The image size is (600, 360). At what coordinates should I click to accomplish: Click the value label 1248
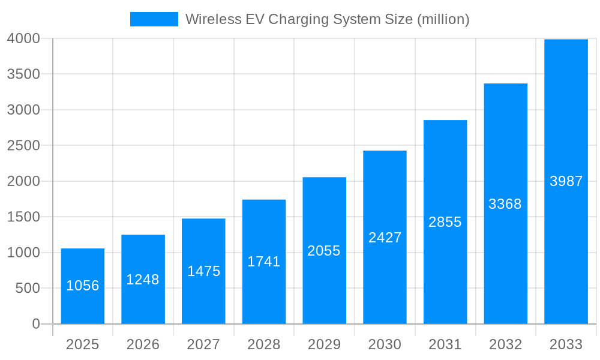click(x=143, y=280)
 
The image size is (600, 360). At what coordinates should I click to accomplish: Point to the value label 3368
click(x=505, y=204)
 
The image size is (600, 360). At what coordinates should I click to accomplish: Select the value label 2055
click(x=324, y=251)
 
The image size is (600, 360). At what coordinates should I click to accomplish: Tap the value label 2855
click(x=445, y=222)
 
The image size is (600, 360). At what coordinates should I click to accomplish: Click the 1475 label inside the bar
click(x=203, y=271)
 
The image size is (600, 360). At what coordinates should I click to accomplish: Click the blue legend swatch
click(x=154, y=19)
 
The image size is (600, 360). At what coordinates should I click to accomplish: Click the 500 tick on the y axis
click(x=28, y=289)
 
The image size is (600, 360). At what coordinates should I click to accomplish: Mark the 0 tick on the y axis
click(x=35, y=324)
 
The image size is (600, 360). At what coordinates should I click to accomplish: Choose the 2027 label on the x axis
click(x=203, y=344)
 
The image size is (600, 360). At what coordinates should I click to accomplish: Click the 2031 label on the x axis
click(x=445, y=344)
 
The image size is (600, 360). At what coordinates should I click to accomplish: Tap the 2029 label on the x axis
click(x=324, y=344)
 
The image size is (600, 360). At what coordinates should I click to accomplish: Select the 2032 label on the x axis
click(x=505, y=344)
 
